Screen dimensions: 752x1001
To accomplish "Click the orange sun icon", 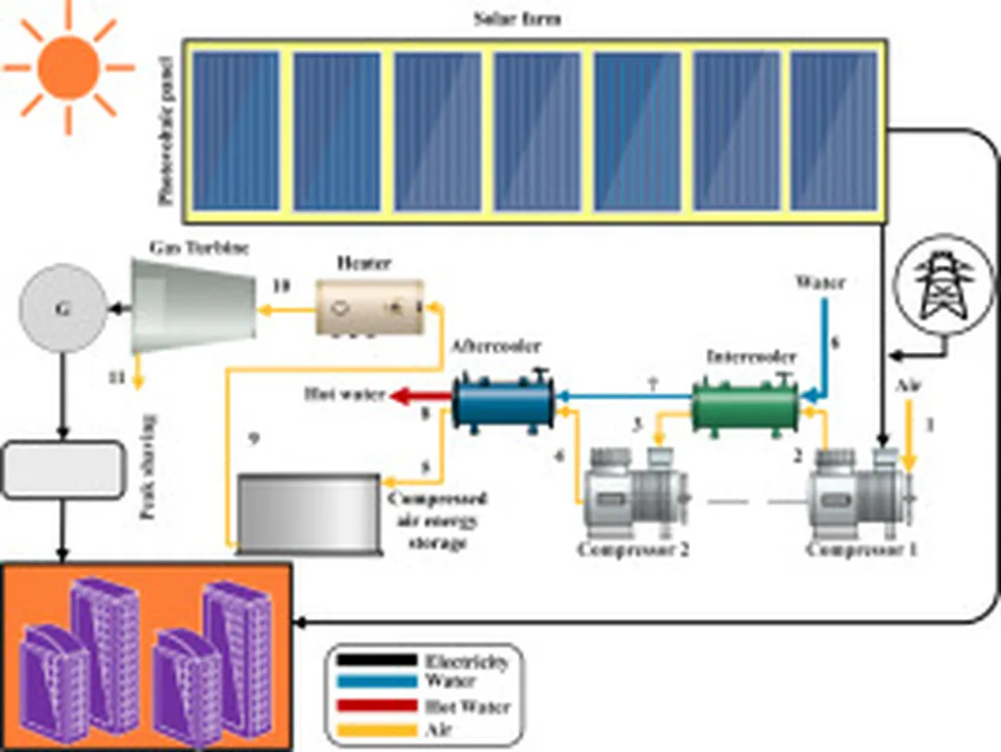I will click(67, 66).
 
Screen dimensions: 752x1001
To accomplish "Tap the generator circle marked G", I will click(64, 310).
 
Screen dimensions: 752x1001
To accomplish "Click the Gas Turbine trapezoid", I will click(190, 300).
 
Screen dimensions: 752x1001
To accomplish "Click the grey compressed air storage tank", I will click(308, 511).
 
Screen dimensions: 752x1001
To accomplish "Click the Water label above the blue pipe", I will click(819, 285).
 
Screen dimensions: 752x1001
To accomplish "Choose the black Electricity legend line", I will click(375, 660).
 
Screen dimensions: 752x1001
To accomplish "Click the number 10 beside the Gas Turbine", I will click(281, 286).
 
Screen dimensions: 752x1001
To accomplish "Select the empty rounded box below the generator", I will click(65, 468).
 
